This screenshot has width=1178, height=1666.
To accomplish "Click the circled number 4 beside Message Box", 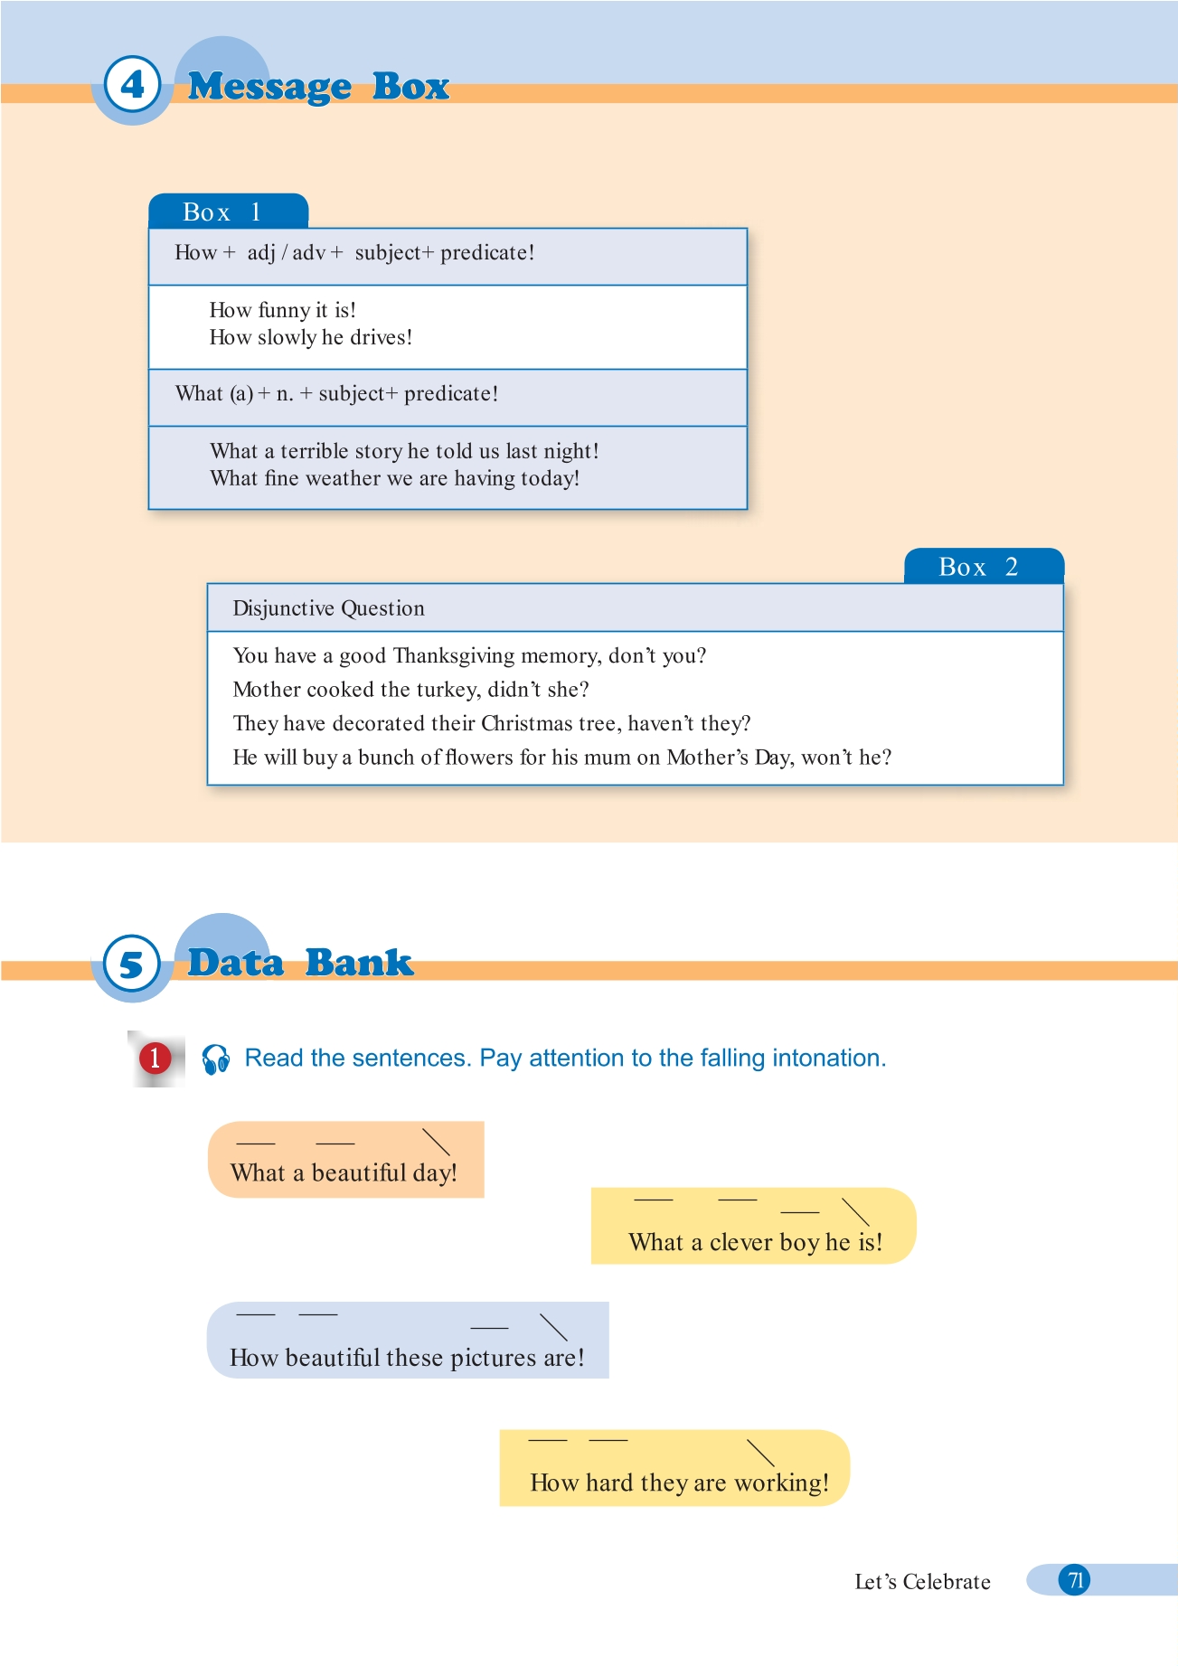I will click(x=132, y=85).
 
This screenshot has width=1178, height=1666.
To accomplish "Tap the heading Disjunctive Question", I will click(x=328, y=608).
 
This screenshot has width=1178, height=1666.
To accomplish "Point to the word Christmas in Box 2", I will click(x=527, y=723).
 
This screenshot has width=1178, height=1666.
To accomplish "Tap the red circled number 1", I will click(x=155, y=1058).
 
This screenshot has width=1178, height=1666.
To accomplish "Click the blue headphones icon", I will click(x=215, y=1059).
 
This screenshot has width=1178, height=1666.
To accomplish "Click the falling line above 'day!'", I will click(x=436, y=1142).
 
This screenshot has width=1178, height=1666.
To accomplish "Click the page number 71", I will click(x=1075, y=1580).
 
